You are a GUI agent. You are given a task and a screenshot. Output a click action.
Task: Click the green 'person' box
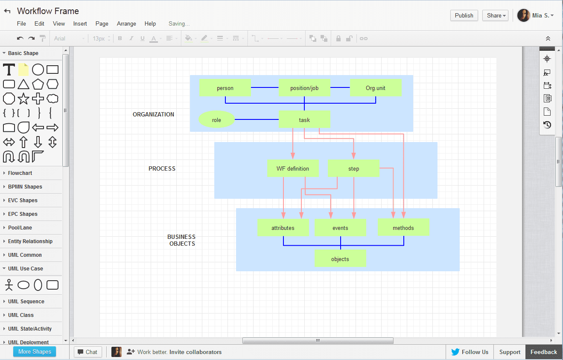click(225, 88)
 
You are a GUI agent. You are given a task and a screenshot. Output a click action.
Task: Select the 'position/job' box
click(304, 88)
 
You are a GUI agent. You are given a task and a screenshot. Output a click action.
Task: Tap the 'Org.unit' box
click(376, 88)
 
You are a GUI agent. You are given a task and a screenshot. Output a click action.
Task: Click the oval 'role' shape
click(216, 120)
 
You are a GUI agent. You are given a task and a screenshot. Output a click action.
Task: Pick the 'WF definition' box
click(293, 168)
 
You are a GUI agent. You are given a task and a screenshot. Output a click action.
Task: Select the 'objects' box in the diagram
click(340, 259)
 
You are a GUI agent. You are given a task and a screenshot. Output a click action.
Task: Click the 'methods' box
click(403, 228)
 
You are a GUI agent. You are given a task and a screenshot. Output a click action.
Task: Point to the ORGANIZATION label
click(153, 114)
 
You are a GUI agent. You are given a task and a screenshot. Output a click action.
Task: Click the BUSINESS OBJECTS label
click(181, 240)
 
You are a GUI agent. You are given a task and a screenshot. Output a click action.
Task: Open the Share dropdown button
click(495, 15)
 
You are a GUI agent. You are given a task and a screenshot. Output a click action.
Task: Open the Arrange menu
click(126, 24)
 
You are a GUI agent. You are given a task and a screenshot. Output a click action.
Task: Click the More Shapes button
click(35, 351)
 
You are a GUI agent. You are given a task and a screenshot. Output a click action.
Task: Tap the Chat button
click(88, 352)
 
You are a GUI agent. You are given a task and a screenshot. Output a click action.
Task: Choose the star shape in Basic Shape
click(23, 99)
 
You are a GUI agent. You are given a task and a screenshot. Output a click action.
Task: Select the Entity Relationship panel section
click(30, 241)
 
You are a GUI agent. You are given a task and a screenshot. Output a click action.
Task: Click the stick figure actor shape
click(9, 285)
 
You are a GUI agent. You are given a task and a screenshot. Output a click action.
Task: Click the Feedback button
click(543, 352)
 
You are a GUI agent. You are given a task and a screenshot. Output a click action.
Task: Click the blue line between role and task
click(256, 119)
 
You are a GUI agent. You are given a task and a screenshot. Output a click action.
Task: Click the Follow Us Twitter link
click(470, 352)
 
